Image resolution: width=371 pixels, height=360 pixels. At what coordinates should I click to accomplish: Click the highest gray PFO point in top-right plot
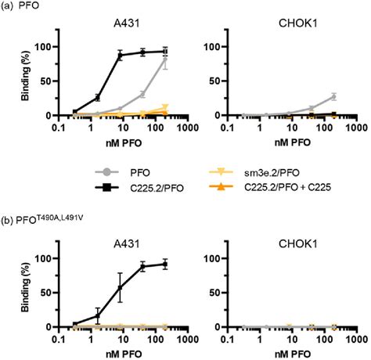click(335, 96)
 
